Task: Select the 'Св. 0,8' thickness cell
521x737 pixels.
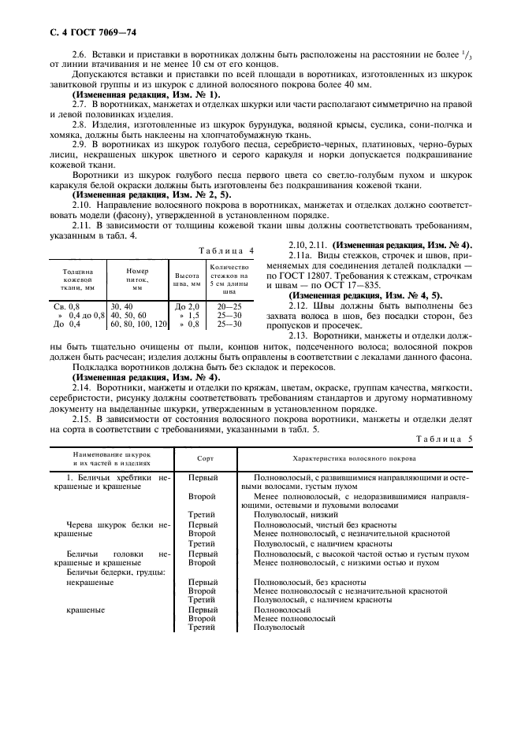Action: (67, 305)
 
